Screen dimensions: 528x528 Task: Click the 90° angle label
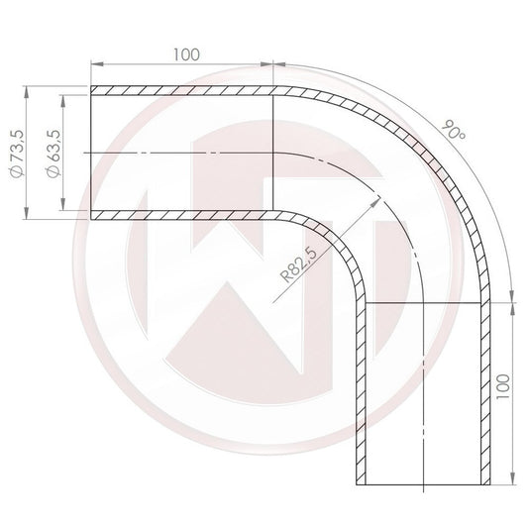[x=455, y=129]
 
